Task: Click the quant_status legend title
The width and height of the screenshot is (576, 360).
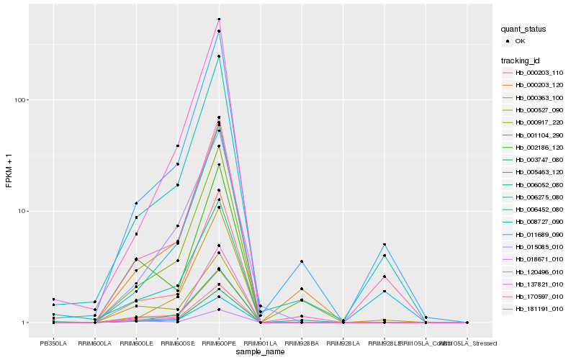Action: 525,29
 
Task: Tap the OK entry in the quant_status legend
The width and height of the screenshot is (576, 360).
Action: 519,41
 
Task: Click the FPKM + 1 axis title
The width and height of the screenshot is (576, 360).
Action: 9,171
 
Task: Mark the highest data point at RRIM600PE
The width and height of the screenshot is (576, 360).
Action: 219,19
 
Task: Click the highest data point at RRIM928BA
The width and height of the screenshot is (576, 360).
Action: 302,261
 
